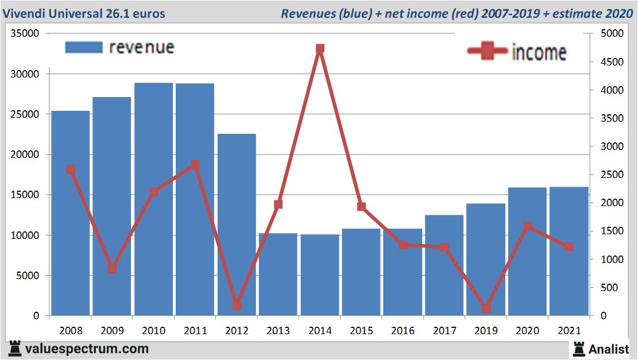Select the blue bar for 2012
pos(237,224)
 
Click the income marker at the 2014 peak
pos(320,48)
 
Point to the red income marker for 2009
pos(113,268)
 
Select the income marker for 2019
pos(486,308)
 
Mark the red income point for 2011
pos(195,165)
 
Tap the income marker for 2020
pos(528,226)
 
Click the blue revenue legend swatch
pos(84,47)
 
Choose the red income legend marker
pos(487,52)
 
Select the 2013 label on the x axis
pos(279,331)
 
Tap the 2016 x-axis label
pos(403,331)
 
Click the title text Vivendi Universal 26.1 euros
pos(84,13)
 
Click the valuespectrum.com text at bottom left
pos(87,349)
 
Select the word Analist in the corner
pos(609,349)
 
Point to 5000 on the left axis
pos(27,276)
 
